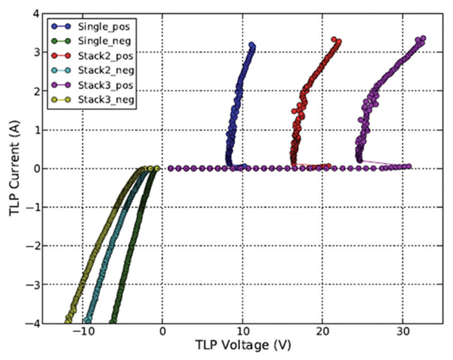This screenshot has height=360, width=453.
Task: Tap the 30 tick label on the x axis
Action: pos(403,331)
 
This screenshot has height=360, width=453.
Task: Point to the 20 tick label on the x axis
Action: pos(323,331)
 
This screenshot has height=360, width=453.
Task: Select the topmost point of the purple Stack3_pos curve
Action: pos(423,38)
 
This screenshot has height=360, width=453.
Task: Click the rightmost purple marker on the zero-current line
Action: pos(408,167)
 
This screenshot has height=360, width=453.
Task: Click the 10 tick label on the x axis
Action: pos(242,331)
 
